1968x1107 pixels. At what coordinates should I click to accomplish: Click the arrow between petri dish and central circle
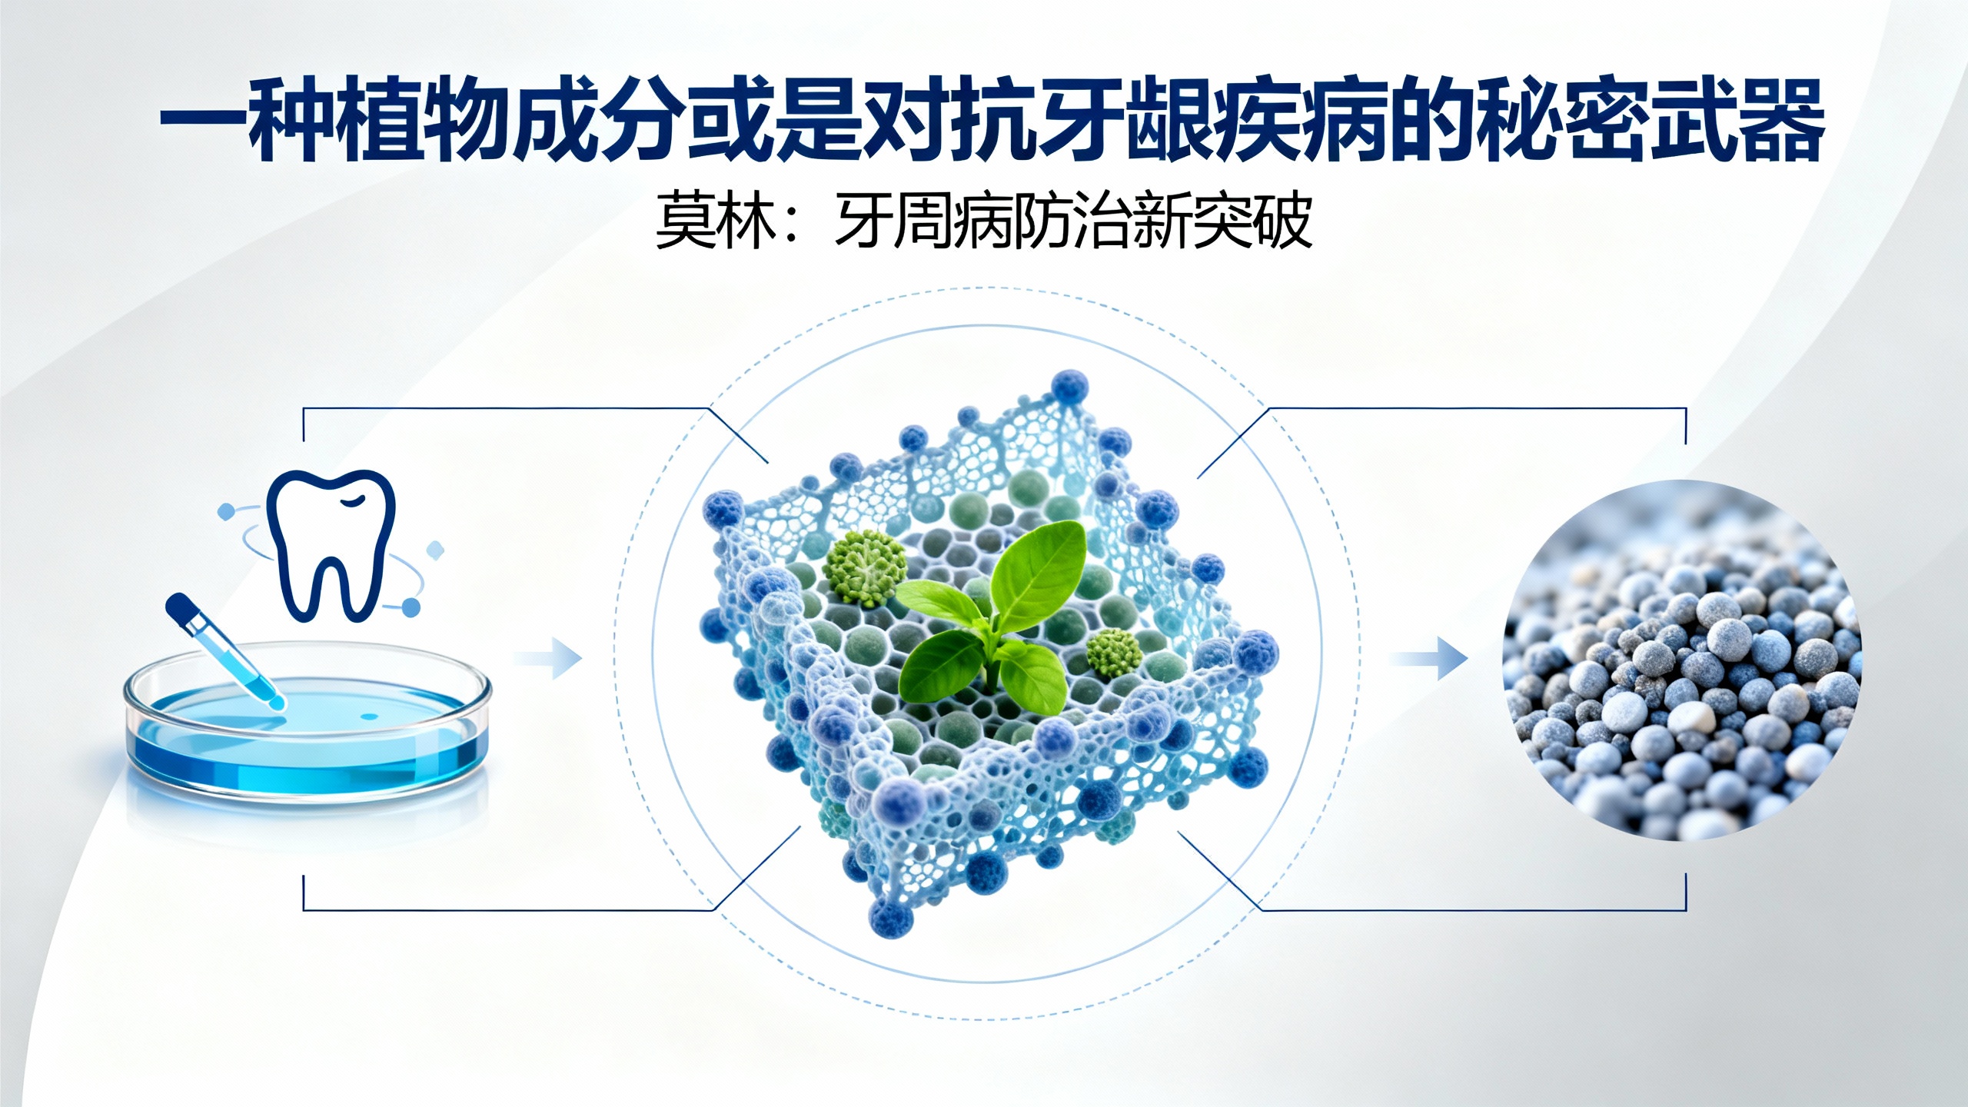[x=550, y=658]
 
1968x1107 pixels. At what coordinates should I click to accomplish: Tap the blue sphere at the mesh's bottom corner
[x=890, y=916]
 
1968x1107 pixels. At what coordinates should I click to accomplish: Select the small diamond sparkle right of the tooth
[x=435, y=550]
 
